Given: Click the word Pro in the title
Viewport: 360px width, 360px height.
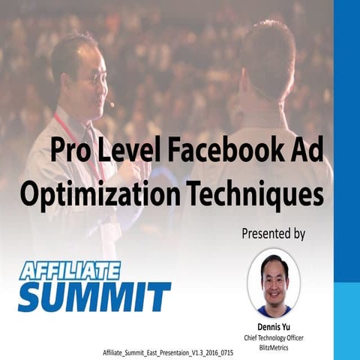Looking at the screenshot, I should click(70, 152).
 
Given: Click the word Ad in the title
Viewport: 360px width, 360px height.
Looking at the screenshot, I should click(307, 152).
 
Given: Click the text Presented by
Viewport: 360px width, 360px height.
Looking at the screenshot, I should click(273, 233).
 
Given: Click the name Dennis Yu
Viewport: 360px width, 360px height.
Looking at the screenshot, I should click(274, 326).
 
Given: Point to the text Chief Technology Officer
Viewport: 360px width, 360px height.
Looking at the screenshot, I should click(274, 337).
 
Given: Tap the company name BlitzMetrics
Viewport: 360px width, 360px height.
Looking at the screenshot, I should click(274, 346).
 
